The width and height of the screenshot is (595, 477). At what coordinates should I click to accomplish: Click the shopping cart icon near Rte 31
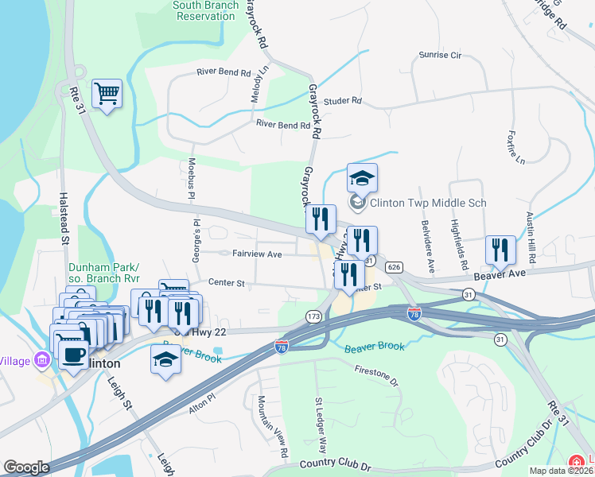tap(107, 95)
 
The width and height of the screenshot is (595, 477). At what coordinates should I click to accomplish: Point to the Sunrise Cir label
tap(440, 56)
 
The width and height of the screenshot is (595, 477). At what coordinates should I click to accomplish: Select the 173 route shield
tap(313, 317)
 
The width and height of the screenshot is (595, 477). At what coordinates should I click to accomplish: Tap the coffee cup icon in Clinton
tap(73, 354)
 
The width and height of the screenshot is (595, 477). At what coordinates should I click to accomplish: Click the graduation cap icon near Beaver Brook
tap(165, 359)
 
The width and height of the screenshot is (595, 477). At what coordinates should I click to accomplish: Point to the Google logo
tap(26, 467)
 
